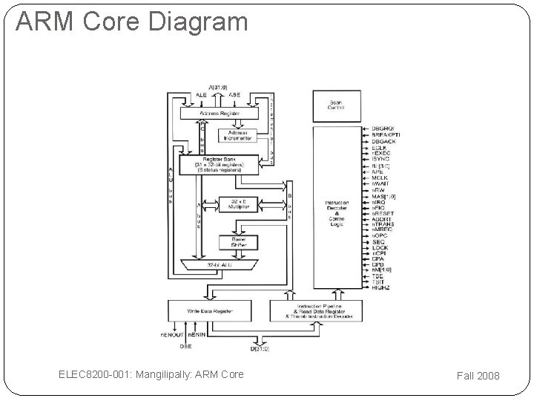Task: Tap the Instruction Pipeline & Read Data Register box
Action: coord(317,311)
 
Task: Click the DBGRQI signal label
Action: coord(385,128)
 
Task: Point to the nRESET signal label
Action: coord(383,213)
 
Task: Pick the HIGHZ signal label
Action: coord(381,287)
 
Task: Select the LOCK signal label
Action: coord(380,250)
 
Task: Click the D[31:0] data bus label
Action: coord(259,348)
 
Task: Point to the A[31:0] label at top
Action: coord(218,88)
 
